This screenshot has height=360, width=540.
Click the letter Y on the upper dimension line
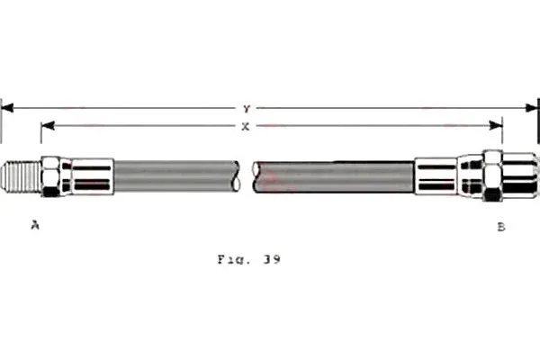point(247,109)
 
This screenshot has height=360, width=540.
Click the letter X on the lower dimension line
point(245,127)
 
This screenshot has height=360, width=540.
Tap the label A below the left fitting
point(35,225)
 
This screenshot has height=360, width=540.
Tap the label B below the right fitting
point(501,227)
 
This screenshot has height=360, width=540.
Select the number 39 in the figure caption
point(272,259)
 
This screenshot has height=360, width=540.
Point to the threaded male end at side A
point(21,177)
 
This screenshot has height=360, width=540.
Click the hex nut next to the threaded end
point(51,176)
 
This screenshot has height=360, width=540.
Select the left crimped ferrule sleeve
point(92,176)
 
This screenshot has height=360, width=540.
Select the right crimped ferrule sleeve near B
point(436,176)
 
